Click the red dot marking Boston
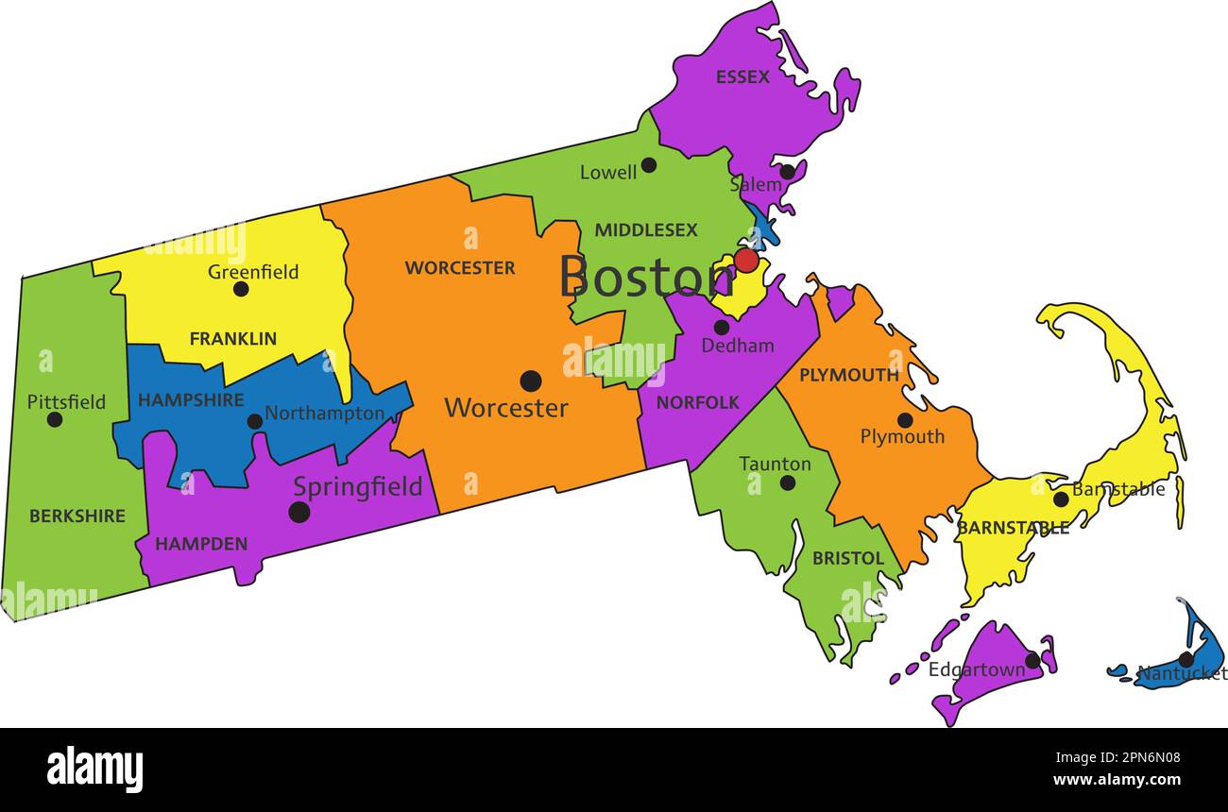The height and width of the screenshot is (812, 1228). click(x=746, y=261)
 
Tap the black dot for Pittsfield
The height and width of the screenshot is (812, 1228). click(x=55, y=419)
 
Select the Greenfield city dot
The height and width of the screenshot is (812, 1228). click(x=241, y=289)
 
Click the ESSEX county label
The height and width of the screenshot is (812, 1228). click(x=742, y=77)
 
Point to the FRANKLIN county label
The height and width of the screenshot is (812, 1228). click(x=233, y=338)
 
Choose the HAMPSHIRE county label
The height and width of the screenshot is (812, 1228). click(x=191, y=400)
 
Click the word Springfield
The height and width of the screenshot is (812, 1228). click(x=357, y=487)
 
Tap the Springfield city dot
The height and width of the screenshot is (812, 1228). click(x=299, y=512)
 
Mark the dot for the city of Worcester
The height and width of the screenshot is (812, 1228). click(x=531, y=381)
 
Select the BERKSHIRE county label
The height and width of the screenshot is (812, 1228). click(x=77, y=516)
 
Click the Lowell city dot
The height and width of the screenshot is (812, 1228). click(x=649, y=165)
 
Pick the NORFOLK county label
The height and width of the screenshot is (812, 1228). click(x=698, y=403)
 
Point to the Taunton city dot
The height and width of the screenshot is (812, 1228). click(x=787, y=482)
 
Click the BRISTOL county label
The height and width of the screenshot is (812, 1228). click(x=848, y=559)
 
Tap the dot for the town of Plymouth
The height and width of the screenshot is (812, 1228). click(x=904, y=420)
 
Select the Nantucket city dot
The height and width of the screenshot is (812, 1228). click(x=1185, y=659)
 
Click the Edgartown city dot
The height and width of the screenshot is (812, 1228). click(x=1032, y=660)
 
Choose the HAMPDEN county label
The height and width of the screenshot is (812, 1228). click(x=201, y=544)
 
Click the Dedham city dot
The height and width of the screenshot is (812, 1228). click(x=721, y=328)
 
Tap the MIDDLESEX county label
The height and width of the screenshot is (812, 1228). click(x=646, y=230)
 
